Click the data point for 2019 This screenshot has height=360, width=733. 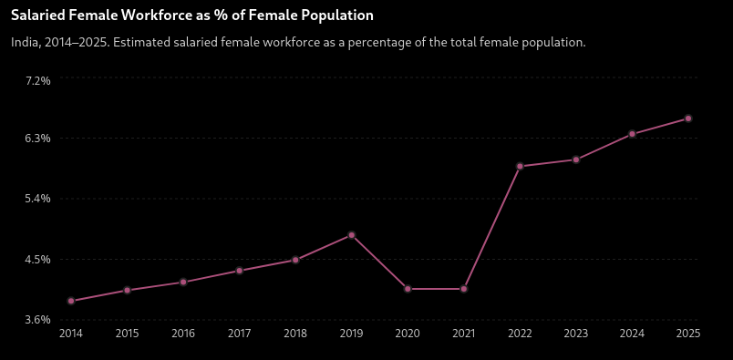[x=352, y=235]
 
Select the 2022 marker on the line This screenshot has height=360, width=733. [x=520, y=167]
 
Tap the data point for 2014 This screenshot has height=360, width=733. [x=71, y=301]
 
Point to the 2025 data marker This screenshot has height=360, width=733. [x=688, y=118]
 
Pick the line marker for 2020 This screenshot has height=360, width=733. [x=408, y=289]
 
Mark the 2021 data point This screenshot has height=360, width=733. [x=464, y=289]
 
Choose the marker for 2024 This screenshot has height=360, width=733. [x=632, y=134]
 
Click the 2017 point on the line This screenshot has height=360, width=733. [x=240, y=271]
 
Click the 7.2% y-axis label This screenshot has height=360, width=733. [x=39, y=80]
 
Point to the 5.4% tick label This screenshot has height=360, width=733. [x=39, y=199]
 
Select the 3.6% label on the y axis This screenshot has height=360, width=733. [x=39, y=320]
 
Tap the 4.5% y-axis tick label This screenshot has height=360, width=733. [x=39, y=260]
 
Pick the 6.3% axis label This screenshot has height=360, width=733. [x=39, y=139]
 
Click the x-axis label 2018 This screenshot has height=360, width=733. [x=295, y=334]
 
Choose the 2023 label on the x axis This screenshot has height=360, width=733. [x=576, y=334]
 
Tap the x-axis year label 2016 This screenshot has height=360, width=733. [x=183, y=334]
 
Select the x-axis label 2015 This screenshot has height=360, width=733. [x=127, y=334]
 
